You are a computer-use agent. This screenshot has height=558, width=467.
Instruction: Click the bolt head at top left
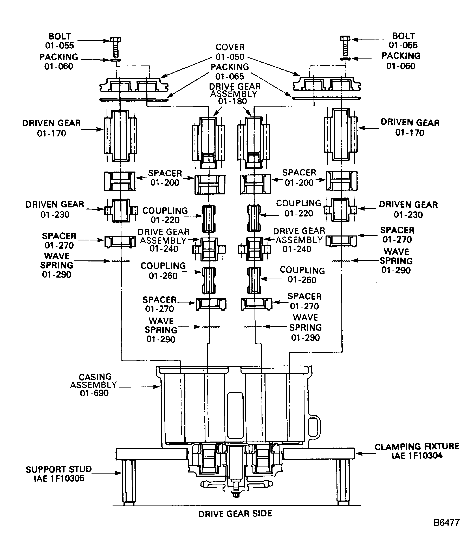tap(116, 40)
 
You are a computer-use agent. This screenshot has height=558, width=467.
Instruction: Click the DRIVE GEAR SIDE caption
tap(235, 514)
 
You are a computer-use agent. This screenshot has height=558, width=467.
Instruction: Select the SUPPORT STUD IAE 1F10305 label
tap(59, 474)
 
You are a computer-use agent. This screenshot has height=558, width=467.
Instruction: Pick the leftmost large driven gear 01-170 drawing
tap(120, 135)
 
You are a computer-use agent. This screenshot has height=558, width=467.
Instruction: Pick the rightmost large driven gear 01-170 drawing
tap(341, 134)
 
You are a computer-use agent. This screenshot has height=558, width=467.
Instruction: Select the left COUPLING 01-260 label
tap(163, 271)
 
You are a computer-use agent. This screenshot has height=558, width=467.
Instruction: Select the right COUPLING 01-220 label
tap(299, 208)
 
